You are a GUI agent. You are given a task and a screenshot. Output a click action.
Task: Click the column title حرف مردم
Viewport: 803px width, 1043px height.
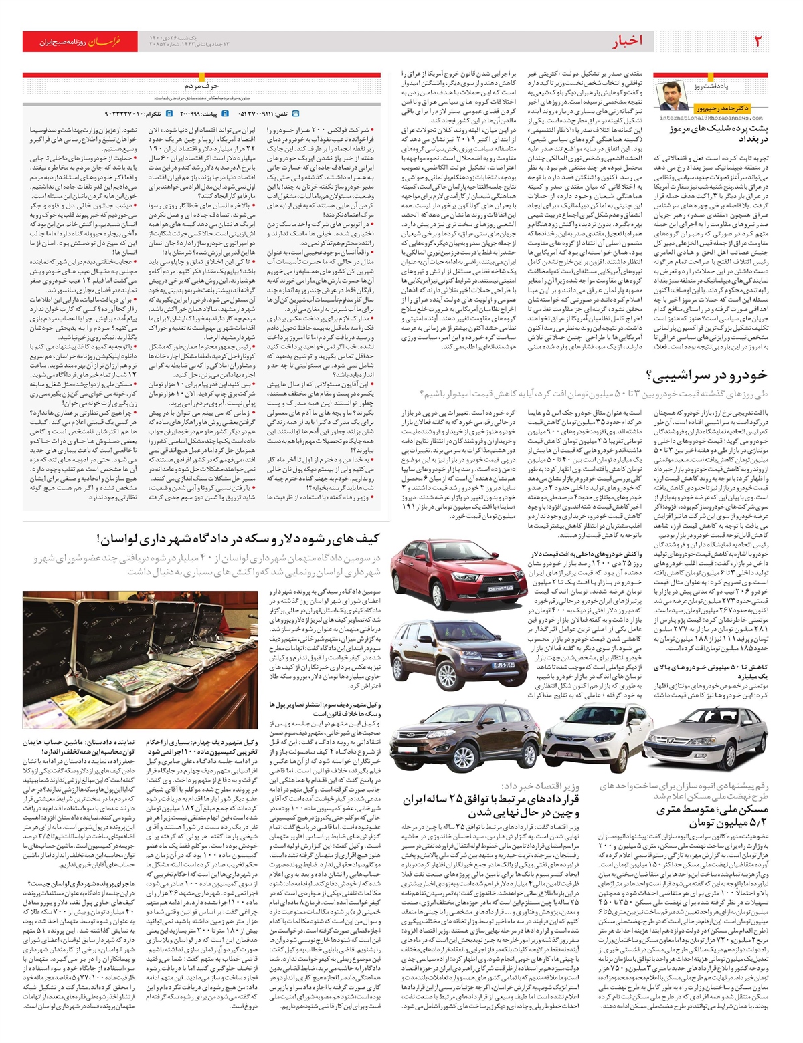click(x=202, y=86)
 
